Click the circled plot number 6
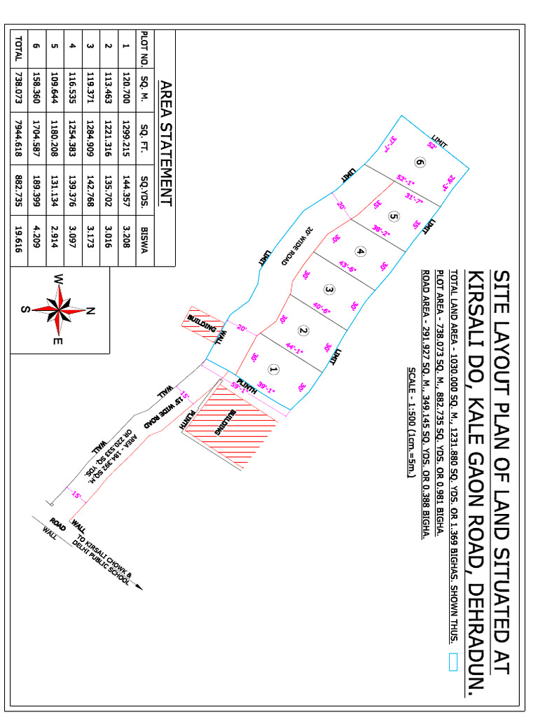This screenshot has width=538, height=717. click(x=420, y=163)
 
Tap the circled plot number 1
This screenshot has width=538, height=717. click(x=274, y=368)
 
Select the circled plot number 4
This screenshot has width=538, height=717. click(x=360, y=251)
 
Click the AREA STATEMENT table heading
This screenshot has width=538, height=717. click(x=165, y=144)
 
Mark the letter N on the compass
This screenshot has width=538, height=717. click(x=92, y=311)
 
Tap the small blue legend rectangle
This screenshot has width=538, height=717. click(x=453, y=662)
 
